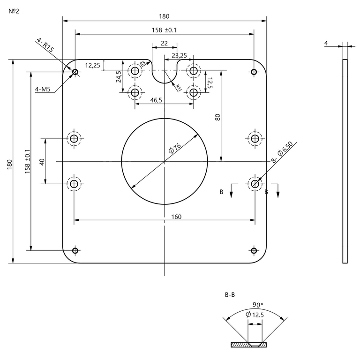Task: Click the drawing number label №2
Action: pyautogui.click(x=14, y=10)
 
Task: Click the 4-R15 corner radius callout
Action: pyautogui.click(x=46, y=47)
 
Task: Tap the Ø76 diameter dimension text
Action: pyautogui.click(x=174, y=149)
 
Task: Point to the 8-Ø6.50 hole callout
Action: pyautogui.click(x=282, y=156)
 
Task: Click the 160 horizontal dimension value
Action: pyautogui.click(x=164, y=217)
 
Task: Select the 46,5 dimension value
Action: pyautogui.click(x=156, y=100)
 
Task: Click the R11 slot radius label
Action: pyautogui.click(x=178, y=87)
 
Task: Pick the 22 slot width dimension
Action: pyautogui.click(x=164, y=43)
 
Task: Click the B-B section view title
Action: pyautogui.click(x=230, y=295)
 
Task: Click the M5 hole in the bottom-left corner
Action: pyautogui.click(x=75, y=250)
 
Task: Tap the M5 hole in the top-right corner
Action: pyautogui.click(x=254, y=72)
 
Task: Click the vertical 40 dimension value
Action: pyautogui.click(x=42, y=162)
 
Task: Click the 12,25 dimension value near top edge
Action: pyautogui.click(x=92, y=65)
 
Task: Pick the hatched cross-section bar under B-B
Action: pyautogui.click(x=248, y=345)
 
